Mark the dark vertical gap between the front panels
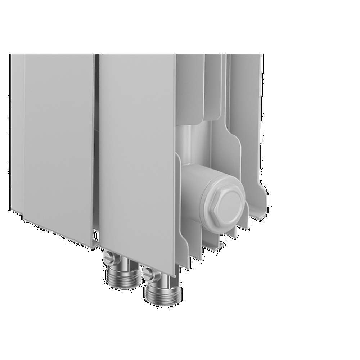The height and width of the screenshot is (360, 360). [x=96, y=144]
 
